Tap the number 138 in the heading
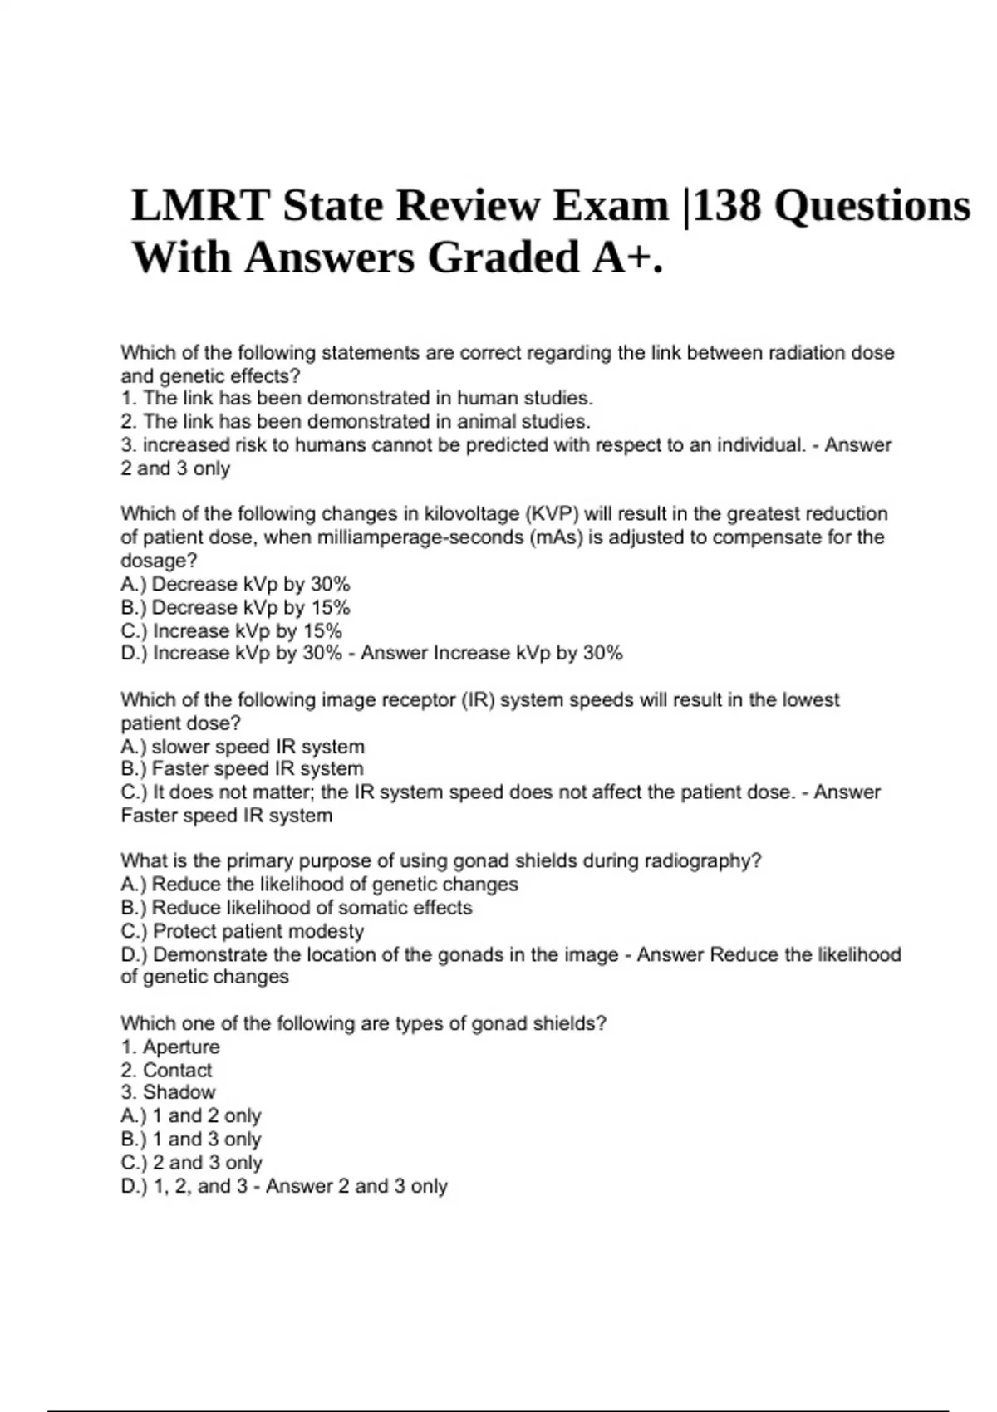pos(727,206)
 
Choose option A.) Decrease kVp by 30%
pos(235,584)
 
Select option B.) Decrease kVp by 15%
pos(235,607)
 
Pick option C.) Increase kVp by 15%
pos(231,630)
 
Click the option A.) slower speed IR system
pos(243,747)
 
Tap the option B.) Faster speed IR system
pos(242,769)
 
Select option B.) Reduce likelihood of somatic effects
pos(296,908)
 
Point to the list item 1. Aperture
pos(170,1047)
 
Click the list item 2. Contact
pos(166,1070)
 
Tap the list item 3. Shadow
pos(168,1092)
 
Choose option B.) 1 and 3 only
pos(191,1139)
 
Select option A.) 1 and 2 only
pos(191,1115)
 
